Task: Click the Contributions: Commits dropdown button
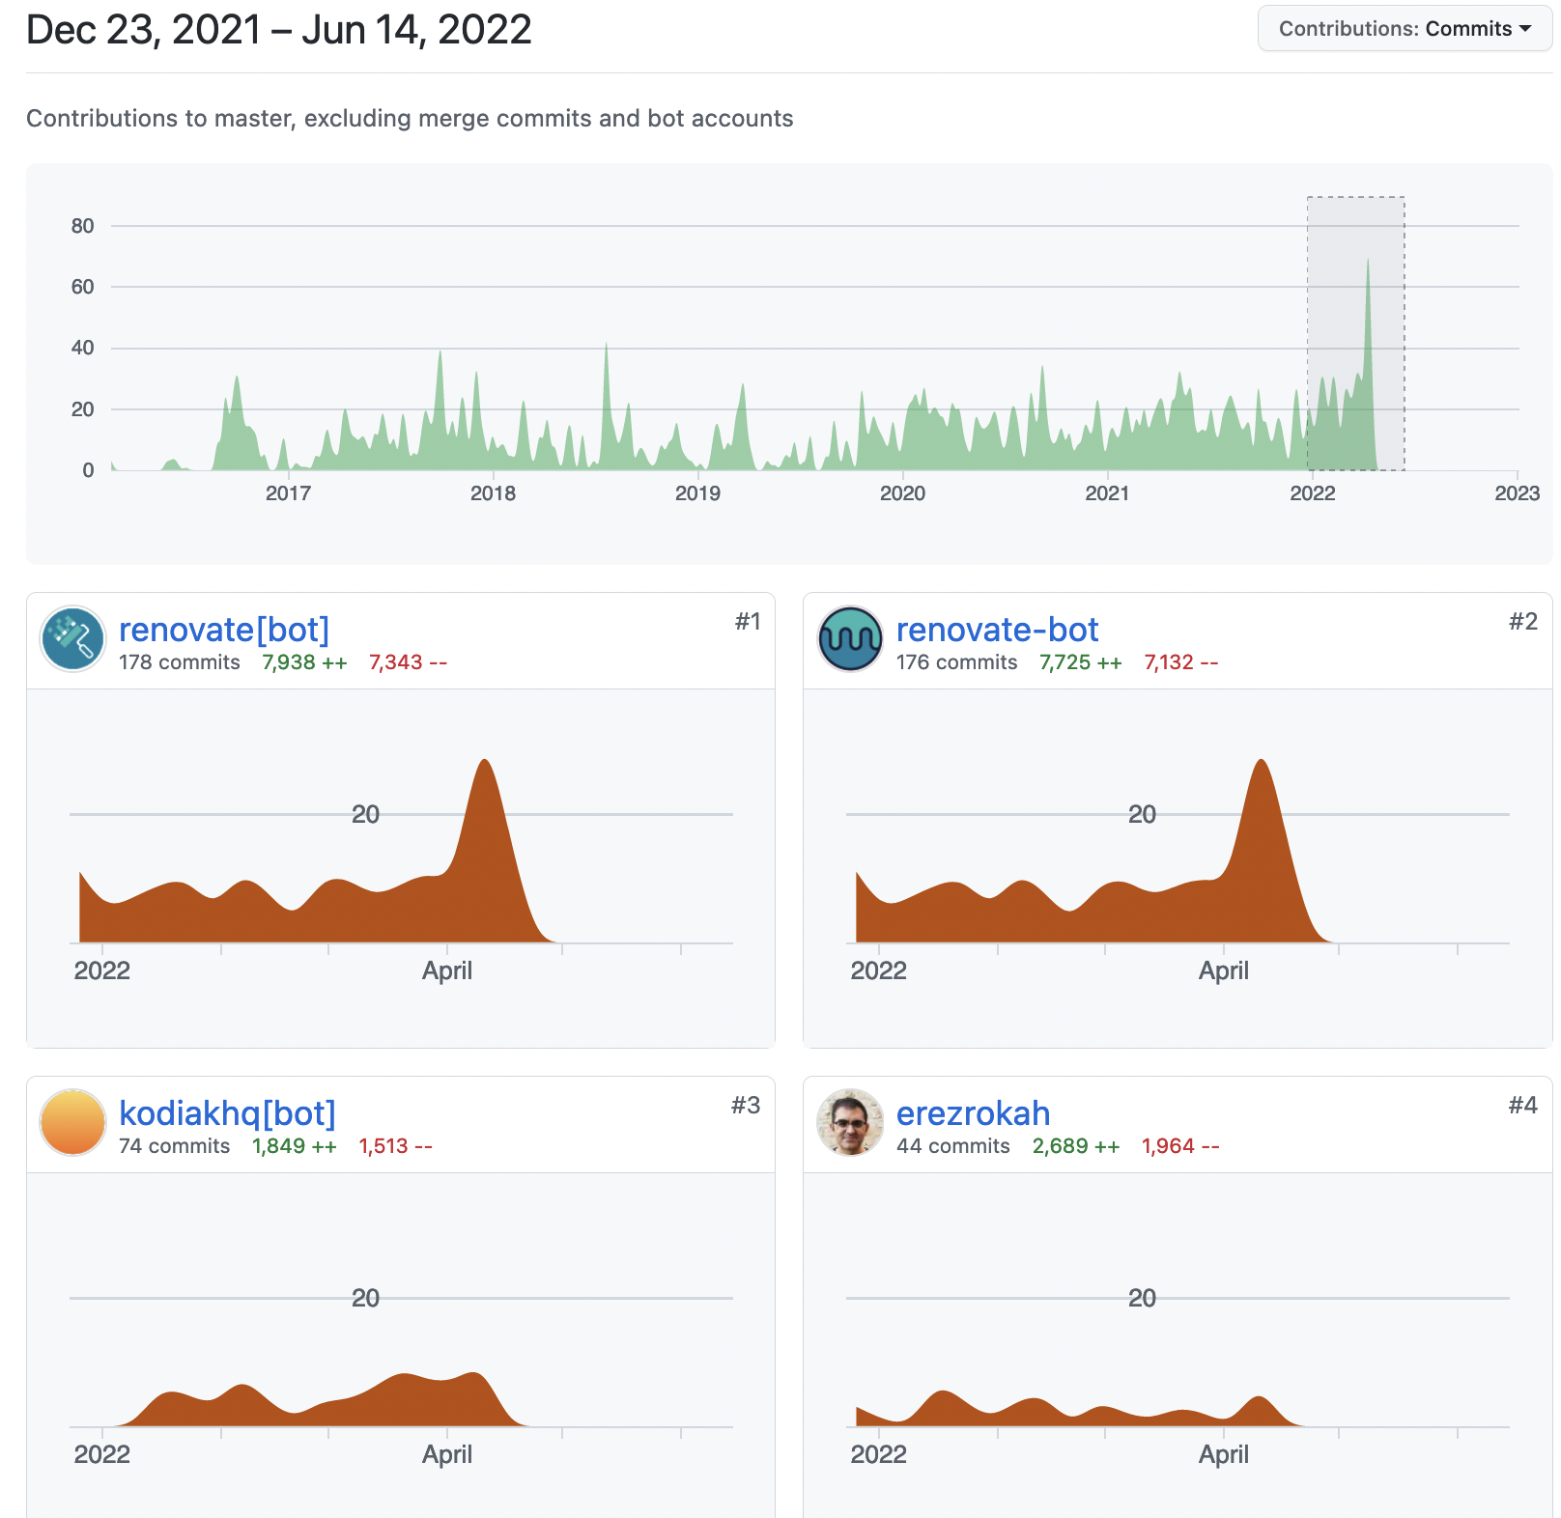pyautogui.click(x=1405, y=29)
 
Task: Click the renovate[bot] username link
pyautogui.click(x=224, y=630)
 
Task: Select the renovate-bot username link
pyautogui.click(x=997, y=630)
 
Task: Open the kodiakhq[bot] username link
pyautogui.click(x=227, y=1113)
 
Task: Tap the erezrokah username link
pyautogui.click(x=973, y=1113)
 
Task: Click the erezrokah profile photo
pyautogui.click(x=850, y=1122)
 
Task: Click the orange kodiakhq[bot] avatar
pyautogui.click(x=72, y=1122)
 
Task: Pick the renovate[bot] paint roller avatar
pyautogui.click(x=72, y=638)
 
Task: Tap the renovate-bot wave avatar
pyautogui.click(x=850, y=638)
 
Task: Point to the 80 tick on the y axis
pyautogui.click(x=83, y=226)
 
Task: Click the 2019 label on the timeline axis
pyautogui.click(x=697, y=493)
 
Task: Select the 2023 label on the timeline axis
pyautogui.click(x=1517, y=493)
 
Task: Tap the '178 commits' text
pyautogui.click(x=180, y=662)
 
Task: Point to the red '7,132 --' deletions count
pyautogui.click(x=1180, y=662)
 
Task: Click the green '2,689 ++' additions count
pyautogui.click(x=1076, y=1146)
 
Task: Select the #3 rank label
pyautogui.click(x=746, y=1105)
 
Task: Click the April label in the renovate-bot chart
pyautogui.click(x=1223, y=970)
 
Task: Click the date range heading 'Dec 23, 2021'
pyautogui.click(x=144, y=30)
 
